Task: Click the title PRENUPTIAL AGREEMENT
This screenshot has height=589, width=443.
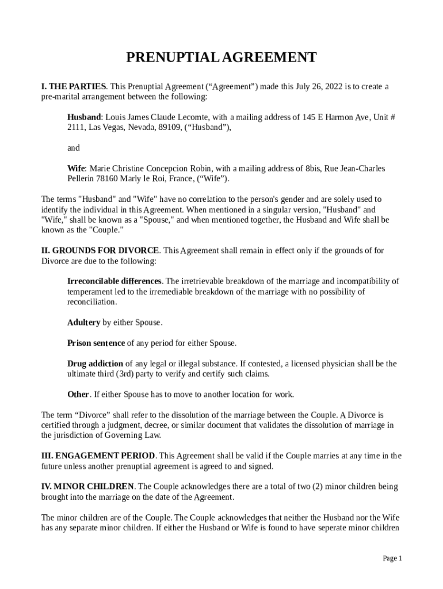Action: click(x=221, y=58)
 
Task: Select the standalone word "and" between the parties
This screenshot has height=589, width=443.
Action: click(x=74, y=148)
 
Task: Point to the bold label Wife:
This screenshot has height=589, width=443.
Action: click(x=77, y=169)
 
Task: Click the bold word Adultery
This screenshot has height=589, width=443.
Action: click(x=84, y=323)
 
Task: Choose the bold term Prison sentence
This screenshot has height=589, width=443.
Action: click(x=96, y=343)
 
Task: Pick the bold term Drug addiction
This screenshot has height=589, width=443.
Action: click(x=95, y=364)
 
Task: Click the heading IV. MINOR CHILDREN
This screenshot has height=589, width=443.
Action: click(x=88, y=487)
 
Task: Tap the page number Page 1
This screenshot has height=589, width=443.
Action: click(x=392, y=559)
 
